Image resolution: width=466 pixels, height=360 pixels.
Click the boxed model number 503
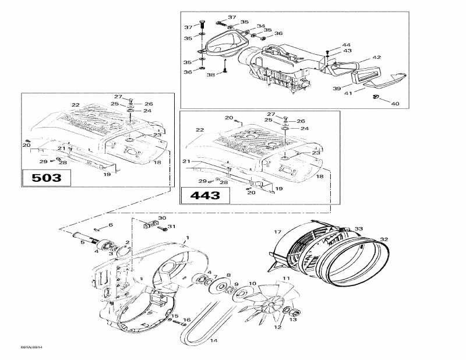(46, 178)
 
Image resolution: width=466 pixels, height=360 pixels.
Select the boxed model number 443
(204, 195)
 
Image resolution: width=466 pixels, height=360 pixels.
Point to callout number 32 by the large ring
(383, 239)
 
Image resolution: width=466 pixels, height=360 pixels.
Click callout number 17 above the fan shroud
(278, 216)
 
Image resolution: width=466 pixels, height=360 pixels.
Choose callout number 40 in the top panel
(396, 104)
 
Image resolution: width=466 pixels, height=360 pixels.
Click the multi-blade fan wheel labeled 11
(272, 303)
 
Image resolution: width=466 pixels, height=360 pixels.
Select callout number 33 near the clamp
(359, 229)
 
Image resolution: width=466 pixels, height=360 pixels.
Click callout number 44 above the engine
(346, 45)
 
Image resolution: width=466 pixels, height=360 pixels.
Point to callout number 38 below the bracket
(210, 75)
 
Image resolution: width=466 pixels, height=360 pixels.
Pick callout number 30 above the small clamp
(161, 217)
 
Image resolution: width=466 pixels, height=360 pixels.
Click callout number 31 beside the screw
(171, 227)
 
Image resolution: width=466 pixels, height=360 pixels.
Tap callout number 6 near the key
(111, 225)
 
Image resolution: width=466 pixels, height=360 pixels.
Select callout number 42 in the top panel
(377, 57)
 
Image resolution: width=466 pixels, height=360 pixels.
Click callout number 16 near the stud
(186, 320)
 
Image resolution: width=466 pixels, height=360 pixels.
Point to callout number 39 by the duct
(337, 88)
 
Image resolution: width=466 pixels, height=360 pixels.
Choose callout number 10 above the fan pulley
(252, 284)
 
